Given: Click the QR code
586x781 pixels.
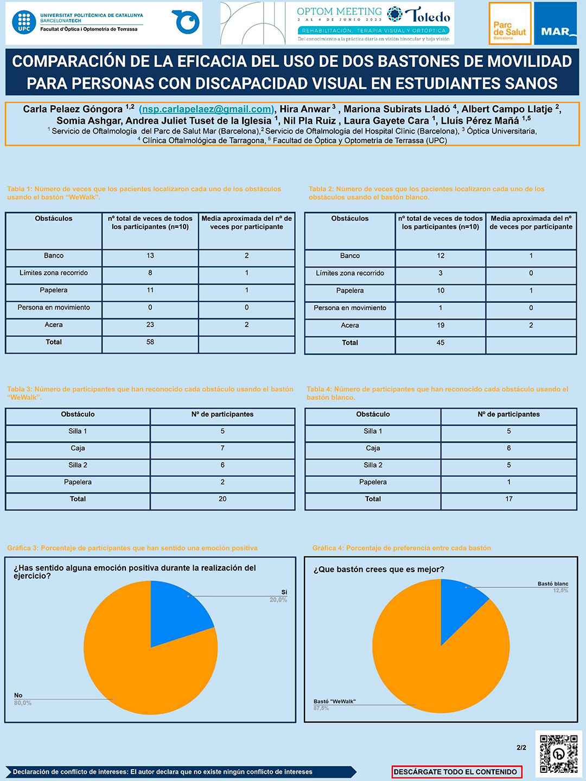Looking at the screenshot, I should [558, 753].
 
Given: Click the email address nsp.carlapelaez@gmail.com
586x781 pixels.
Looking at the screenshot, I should [206, 109].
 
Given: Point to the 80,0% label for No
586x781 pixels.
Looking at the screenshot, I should [23, 703].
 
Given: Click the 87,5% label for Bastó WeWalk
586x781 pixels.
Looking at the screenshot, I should [321, 708].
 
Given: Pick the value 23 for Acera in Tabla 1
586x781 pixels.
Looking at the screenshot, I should [150, 325].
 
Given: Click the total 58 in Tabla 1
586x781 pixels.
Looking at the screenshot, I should [150, 342].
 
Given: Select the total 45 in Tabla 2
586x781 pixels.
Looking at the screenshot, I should [441, 343].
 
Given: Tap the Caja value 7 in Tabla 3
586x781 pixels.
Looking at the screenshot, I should [222, 448].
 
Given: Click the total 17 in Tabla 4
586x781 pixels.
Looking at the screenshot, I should [509, 499].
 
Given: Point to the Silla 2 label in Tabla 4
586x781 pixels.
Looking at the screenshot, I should [373, 465].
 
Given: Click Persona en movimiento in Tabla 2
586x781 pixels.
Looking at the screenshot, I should [350, 308].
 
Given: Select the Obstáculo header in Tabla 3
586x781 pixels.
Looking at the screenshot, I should [78, 414].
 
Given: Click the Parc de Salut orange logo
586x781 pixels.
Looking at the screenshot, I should [510, 24].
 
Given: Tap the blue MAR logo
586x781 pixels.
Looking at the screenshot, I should [555, 24].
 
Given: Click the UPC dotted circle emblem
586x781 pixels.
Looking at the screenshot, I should [24, 22].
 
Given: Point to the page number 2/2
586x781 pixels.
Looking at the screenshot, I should [521, 747].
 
